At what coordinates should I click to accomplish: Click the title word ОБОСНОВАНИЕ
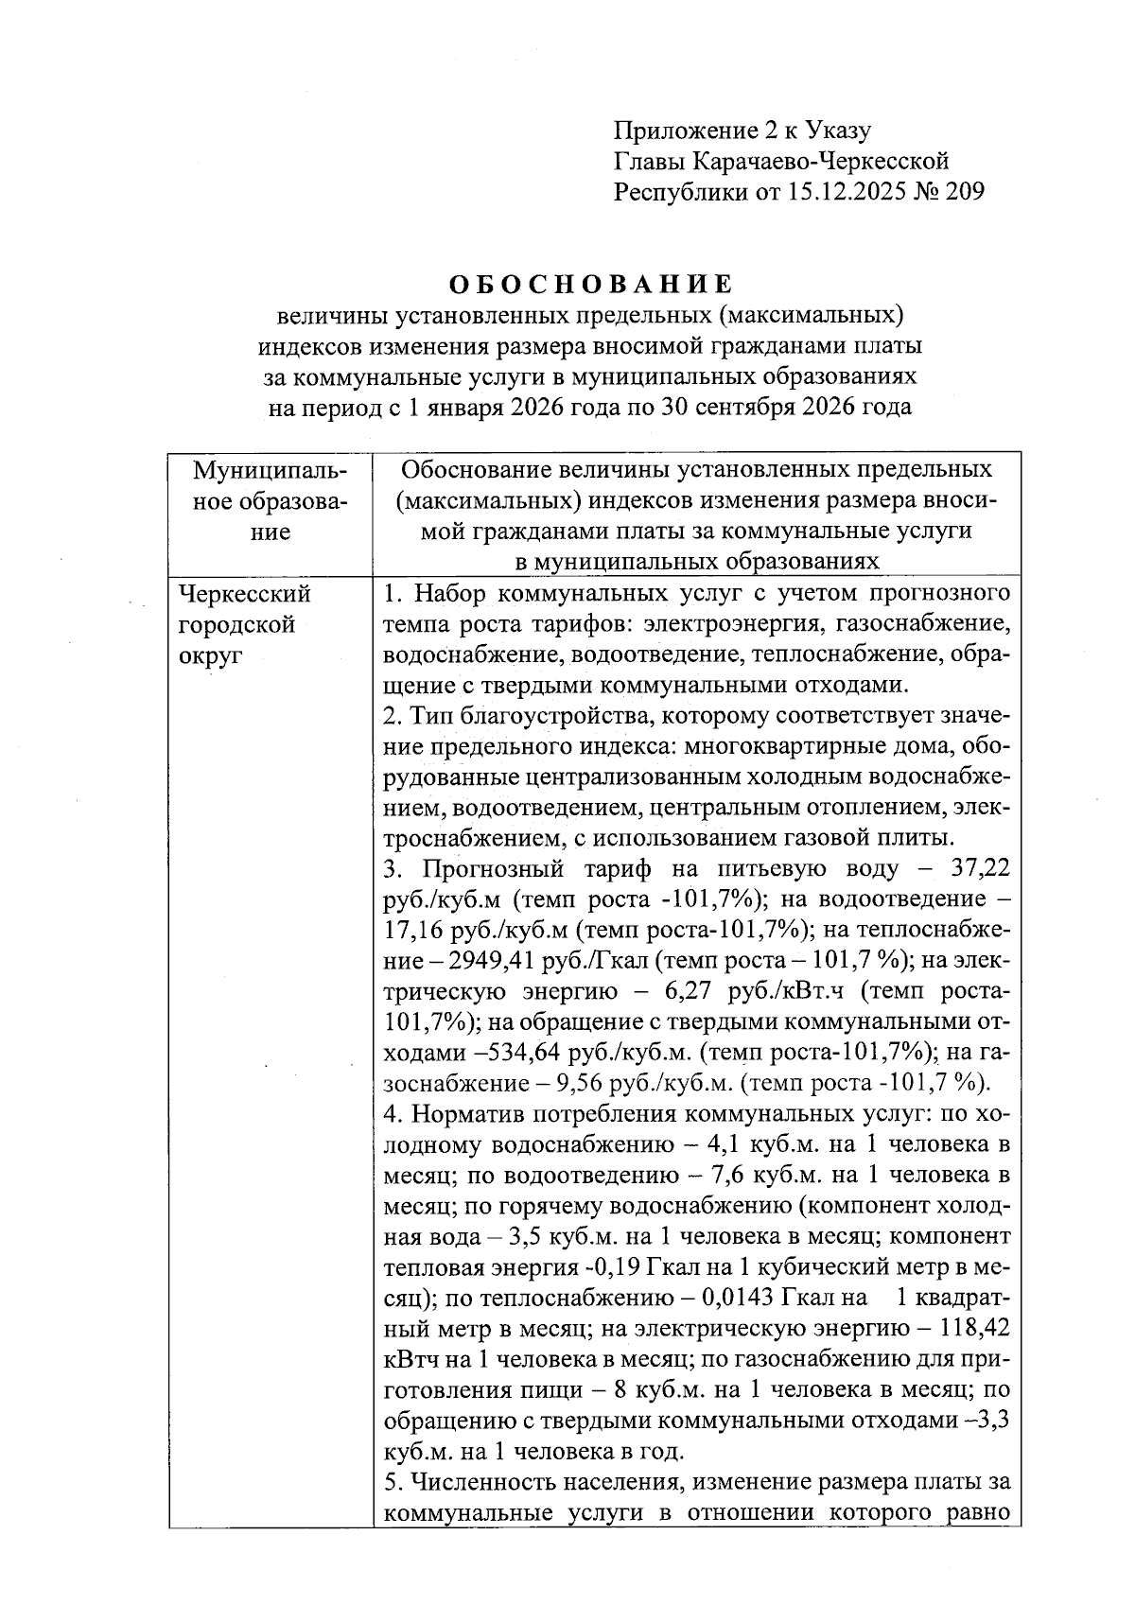[x=590, y=284]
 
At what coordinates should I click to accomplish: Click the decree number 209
[x=963, y=192]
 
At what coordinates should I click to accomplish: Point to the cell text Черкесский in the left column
[x=245, y=594]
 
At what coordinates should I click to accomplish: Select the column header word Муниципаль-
[x=270, y=470]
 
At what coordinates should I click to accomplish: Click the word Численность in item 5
[x=480, y=1482]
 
